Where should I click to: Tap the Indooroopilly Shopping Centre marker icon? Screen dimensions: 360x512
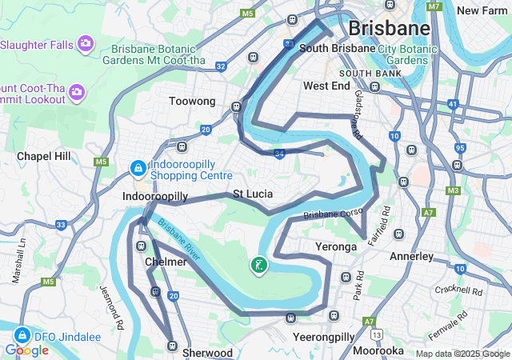[137, 169]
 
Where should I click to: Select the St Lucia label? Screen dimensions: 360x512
[253, 194]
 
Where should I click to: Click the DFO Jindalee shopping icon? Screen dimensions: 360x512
[22, 336]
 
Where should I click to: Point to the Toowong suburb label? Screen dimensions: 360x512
[192, 102]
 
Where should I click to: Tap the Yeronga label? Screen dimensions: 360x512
[336, 247]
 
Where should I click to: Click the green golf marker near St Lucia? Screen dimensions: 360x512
[258, 265]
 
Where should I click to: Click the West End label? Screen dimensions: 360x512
[326, 85]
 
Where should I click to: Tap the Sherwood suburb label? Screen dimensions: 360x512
[207, 353]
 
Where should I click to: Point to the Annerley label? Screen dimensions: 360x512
[411, 257]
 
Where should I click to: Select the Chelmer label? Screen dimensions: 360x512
[166, 262]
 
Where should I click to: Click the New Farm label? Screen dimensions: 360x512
[483, 10]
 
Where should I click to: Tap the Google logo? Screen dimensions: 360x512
[26, 350]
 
